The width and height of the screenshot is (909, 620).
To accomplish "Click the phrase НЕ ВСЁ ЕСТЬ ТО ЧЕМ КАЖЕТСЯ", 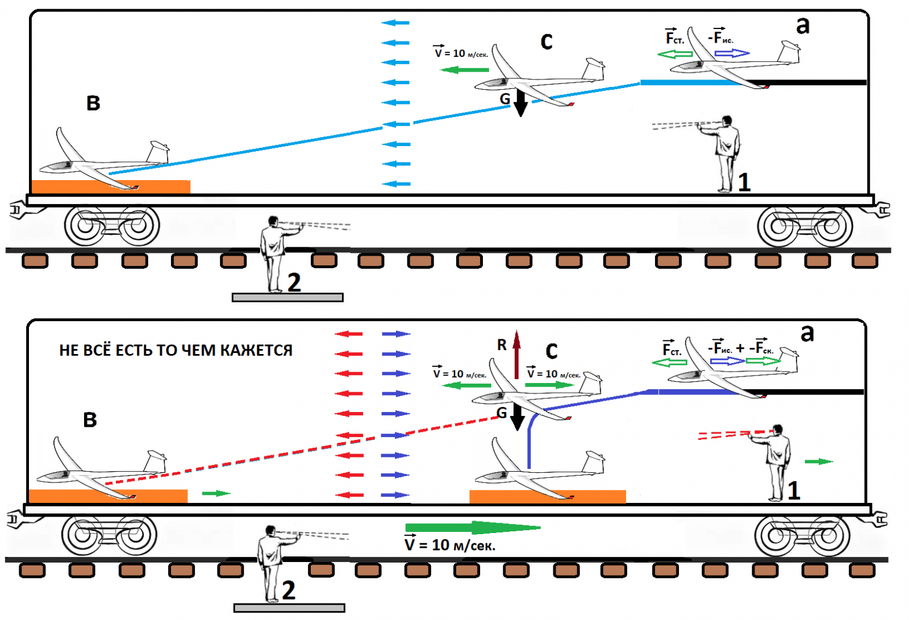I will (176, 350).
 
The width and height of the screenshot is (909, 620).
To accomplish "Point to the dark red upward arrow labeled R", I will (516, 355).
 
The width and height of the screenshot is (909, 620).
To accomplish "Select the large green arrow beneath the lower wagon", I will (472, 528).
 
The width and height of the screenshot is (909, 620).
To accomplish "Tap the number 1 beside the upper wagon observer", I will (744, 182).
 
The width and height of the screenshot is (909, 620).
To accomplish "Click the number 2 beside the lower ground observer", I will (289, 590).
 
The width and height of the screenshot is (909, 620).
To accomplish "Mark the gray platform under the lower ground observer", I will (289, 608).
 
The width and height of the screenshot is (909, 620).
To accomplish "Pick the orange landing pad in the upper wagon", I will (111, 186).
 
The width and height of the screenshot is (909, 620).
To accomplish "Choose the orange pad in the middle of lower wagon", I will (547, 496).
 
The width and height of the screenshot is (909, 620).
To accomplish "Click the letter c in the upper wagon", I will (547, 41).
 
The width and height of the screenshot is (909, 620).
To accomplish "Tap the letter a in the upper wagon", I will (802, 25).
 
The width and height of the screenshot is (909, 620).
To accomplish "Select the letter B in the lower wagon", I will (90, 420).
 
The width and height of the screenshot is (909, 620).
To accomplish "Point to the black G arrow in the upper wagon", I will (520, 103).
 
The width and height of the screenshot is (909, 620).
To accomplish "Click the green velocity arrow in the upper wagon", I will (465, 70).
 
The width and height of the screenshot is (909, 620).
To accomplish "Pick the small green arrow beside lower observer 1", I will (819, 461).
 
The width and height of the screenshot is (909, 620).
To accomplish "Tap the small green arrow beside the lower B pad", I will (216, 493).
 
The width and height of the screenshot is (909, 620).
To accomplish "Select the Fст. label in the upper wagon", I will (674, 38).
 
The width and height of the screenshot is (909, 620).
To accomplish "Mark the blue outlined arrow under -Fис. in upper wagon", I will (732, 53).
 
